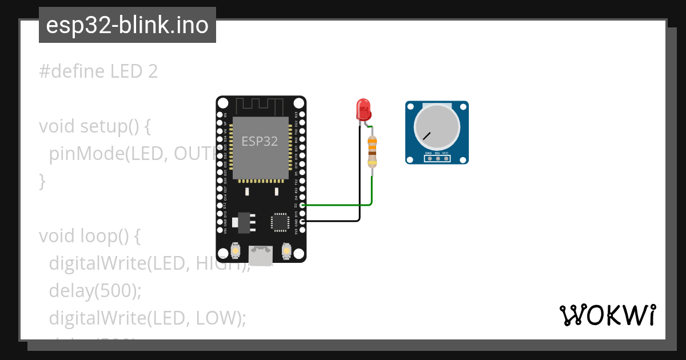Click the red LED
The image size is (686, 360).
(363, 109)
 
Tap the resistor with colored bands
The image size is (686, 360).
(372, 151)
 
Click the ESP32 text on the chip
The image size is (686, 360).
(260, 141)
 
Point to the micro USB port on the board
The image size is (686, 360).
(261, 255)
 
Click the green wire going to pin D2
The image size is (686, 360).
(337, 205)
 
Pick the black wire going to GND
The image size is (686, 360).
(332, 221)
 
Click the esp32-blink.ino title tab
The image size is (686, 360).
(127, 25)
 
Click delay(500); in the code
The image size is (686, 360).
(95, 291)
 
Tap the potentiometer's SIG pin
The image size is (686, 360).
(437, 158)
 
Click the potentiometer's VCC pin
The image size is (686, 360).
(445, 158)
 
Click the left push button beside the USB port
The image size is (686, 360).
(236, 250)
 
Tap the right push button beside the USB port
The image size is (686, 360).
(287, 250)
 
